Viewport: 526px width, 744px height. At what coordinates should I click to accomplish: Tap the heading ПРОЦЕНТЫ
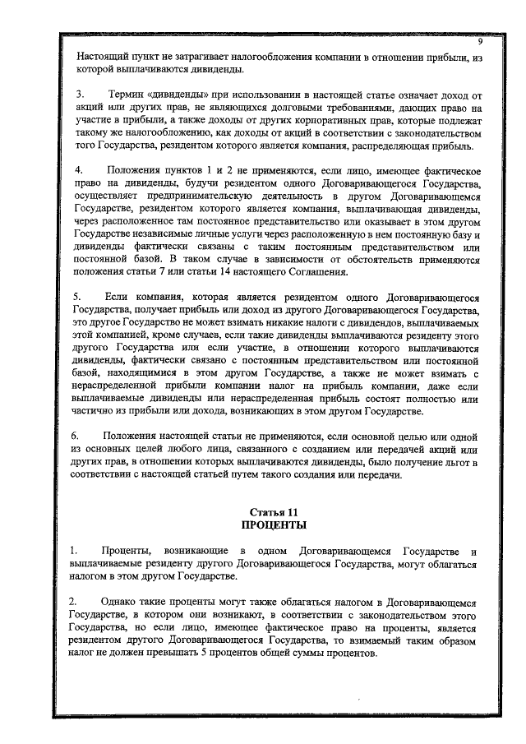pos(262,524)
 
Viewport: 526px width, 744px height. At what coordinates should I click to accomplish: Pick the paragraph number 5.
pos(80,295)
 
